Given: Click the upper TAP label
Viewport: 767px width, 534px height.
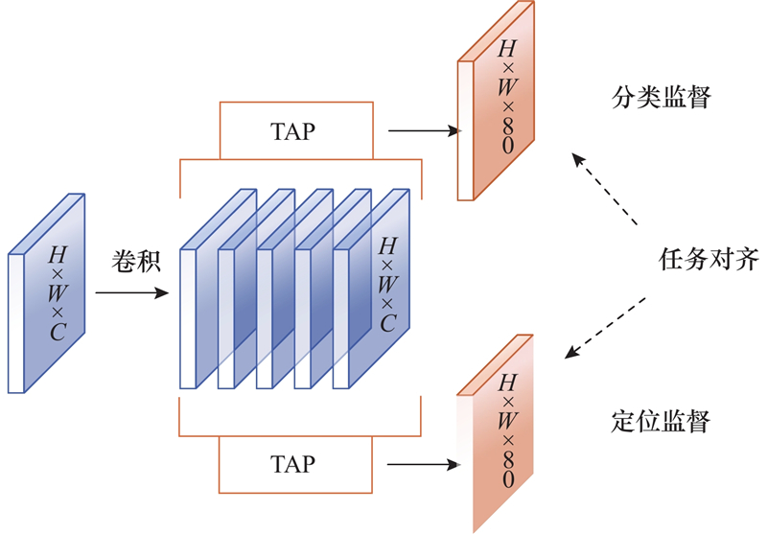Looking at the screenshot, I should (293, 131).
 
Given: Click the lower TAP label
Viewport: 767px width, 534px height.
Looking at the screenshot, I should (293, 465).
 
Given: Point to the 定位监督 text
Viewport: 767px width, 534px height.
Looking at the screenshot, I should (661, 421).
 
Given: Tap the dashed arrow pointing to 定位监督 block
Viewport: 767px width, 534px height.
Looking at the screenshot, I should (605, 327).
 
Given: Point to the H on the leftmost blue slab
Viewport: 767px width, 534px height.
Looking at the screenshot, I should (58, 255).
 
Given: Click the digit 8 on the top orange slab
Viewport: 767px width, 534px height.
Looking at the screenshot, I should (506, 123).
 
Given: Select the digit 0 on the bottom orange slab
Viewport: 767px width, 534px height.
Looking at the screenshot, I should (505, 478).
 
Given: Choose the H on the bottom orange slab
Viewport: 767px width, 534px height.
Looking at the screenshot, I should (505, 383).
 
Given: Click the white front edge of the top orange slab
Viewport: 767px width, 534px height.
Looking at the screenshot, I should (465, 129).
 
